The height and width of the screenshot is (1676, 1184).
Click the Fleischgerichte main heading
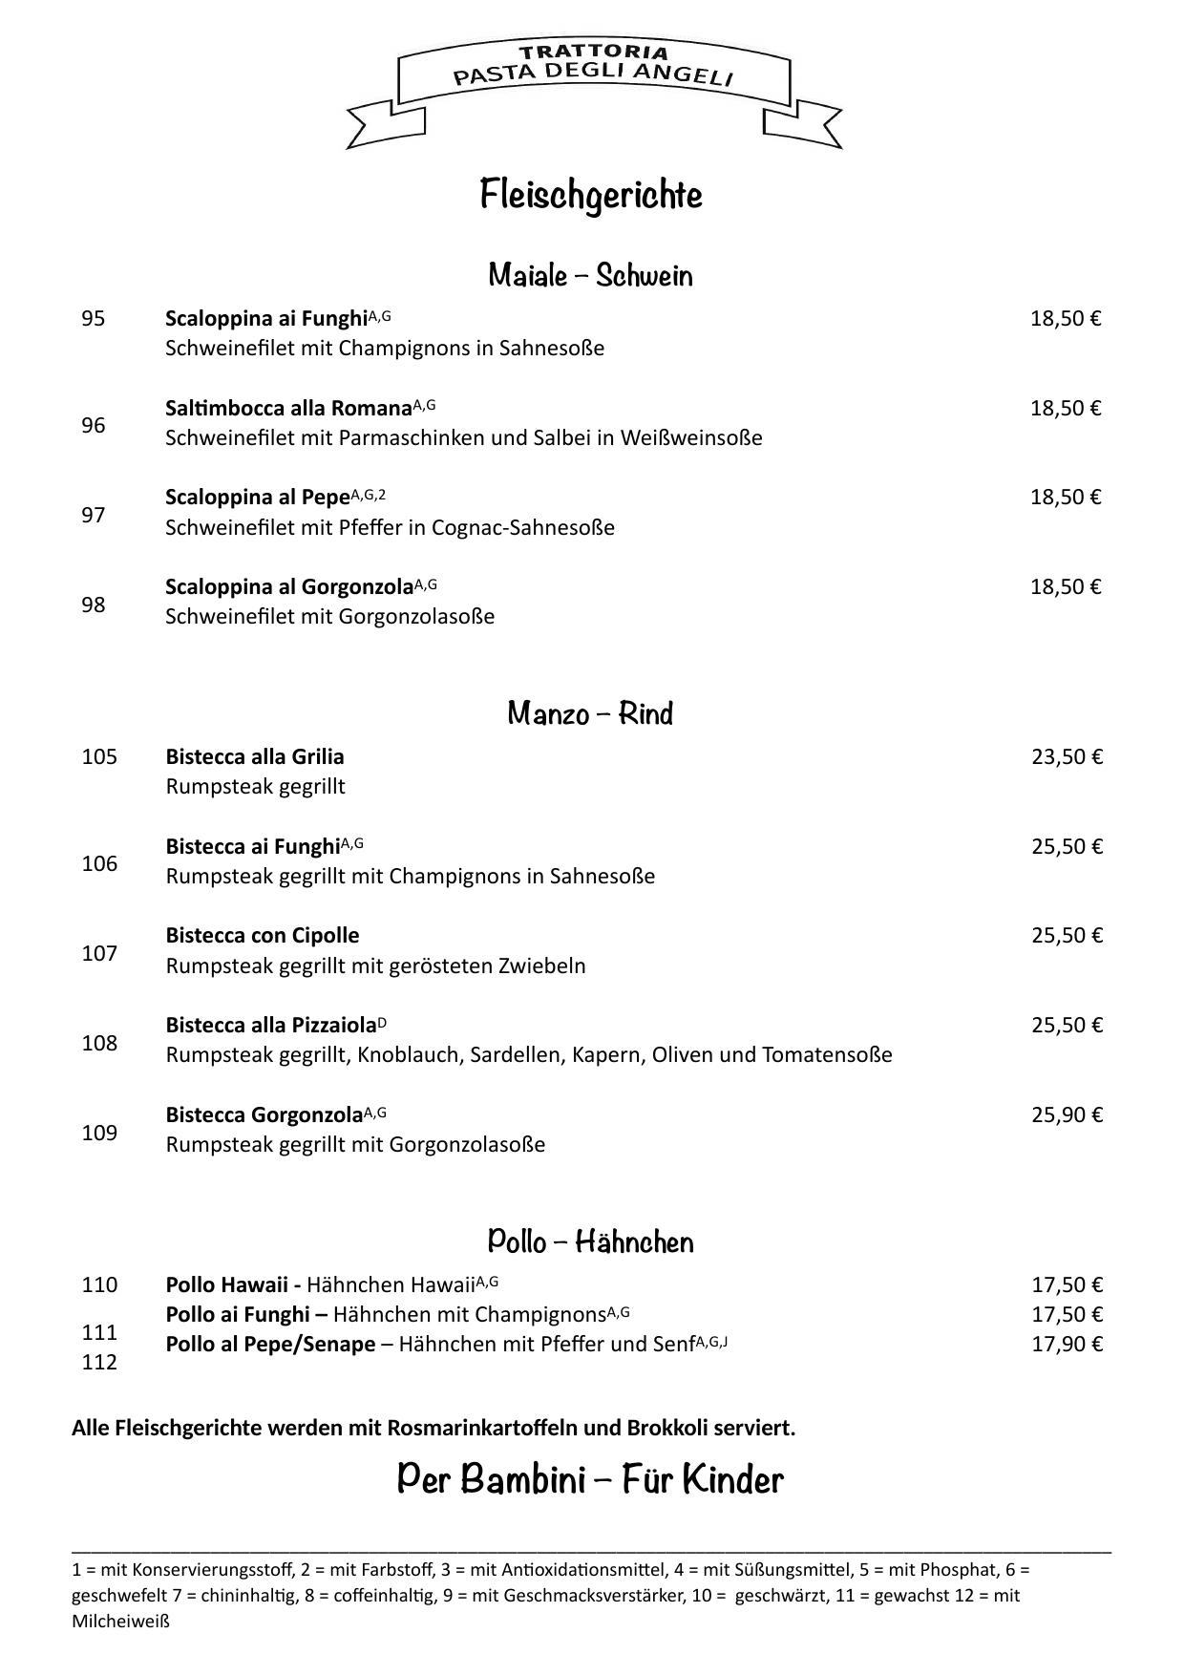591,195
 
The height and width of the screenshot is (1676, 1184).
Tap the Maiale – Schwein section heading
590,276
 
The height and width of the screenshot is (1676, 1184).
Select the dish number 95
93,319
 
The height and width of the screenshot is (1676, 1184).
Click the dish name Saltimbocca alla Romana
287,409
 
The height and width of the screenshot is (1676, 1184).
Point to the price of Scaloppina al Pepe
1065,498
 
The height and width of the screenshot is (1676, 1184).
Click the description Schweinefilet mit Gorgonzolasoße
329,617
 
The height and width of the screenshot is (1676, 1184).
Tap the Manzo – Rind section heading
590,713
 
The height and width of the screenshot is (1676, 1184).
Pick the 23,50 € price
1067,757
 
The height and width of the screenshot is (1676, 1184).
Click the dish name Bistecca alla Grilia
255,757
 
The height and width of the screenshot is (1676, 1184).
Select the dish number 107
99,953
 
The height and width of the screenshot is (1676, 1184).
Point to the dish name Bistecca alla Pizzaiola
271,1026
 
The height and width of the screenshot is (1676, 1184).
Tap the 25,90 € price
1067,1115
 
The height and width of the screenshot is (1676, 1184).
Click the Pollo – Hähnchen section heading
590,1241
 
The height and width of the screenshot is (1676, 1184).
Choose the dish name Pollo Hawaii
226,1285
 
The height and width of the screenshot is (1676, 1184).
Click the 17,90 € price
1067,1345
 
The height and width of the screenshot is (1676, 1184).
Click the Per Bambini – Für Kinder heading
590,1479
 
